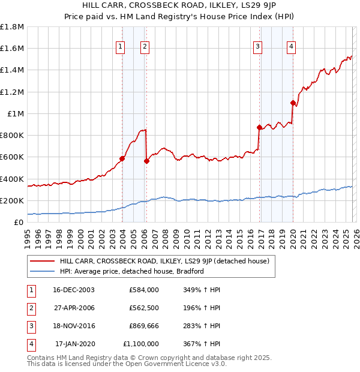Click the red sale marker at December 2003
pos(122,159)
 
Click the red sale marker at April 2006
pos(147,161)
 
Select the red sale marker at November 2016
pos(259,127)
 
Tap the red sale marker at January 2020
pos(293,103)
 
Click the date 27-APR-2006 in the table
pos(74,307)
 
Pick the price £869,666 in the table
pos(144,325)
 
